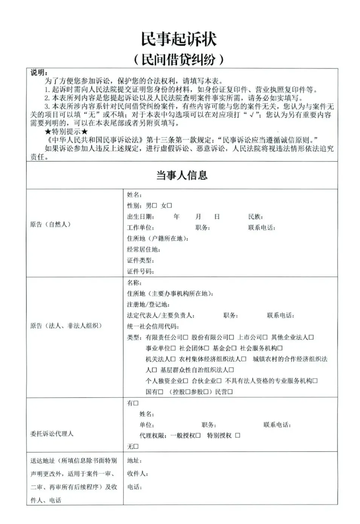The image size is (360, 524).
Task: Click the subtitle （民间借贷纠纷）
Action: coord(179,60)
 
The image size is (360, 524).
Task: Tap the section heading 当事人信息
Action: coord(182,175)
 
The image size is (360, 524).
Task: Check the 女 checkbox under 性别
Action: coord(170,206)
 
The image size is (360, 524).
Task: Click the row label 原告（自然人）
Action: coord(50,224)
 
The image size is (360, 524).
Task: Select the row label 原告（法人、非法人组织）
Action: coord(66,326)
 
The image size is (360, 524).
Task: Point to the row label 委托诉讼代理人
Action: coord(52,434)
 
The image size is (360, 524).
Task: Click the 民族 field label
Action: coord(256,217)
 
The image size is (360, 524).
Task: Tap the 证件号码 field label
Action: coord(140,272)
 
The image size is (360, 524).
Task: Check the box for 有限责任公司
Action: coord(186,337)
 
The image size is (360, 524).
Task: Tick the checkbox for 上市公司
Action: coord(265,337)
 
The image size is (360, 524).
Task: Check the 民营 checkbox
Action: coord(230,392)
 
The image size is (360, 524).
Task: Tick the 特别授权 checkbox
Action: coord(238,436)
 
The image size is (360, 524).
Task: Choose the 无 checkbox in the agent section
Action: coord(136,446)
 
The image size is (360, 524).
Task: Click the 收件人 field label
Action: coord(137,474)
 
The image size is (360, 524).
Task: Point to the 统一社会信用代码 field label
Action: coord(152,327)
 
